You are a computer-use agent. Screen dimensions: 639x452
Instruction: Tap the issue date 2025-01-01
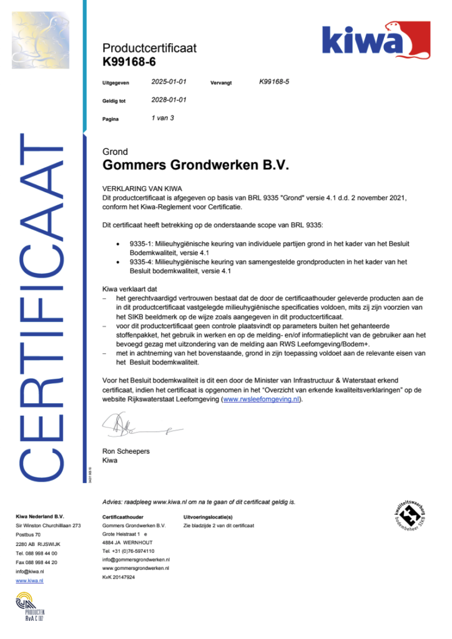click(169, 82)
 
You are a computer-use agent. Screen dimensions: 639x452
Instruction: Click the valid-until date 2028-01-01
click(169, 100)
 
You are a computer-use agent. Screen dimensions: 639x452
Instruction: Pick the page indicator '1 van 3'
click(163, 117)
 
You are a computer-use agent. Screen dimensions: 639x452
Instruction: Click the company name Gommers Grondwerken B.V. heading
click(196, 166)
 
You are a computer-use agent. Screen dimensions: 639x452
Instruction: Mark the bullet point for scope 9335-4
click(119, 263)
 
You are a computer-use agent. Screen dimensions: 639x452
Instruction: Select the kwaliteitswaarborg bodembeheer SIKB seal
click(409, 515)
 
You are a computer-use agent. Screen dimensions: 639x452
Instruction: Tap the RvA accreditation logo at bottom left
click(30, 608)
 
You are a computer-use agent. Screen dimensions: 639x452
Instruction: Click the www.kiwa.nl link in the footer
click(29, 580)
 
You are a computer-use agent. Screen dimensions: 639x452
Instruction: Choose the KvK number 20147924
click(118, 577)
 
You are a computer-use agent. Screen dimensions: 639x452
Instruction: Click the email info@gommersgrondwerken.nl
click(135, 560)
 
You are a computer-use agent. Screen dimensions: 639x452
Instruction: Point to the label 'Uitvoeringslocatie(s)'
click(207, 517)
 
